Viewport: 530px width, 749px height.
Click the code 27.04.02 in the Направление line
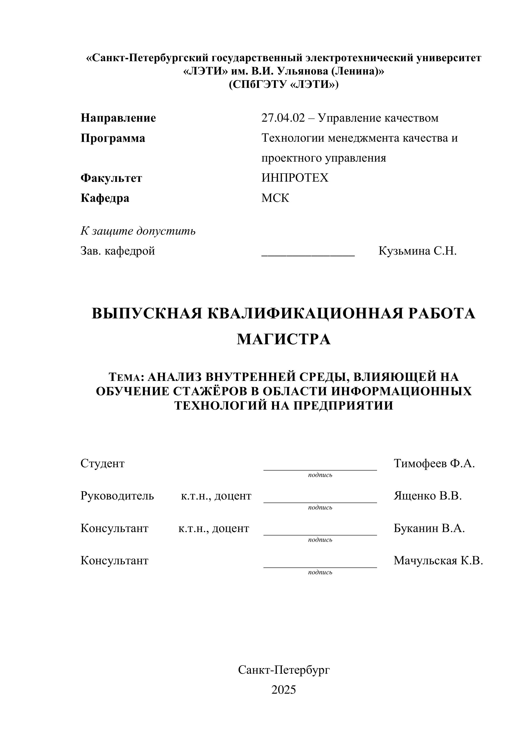pos(283,118)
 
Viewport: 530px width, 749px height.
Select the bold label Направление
pos(118,118)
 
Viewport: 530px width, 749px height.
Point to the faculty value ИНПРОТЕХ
pos(295,178)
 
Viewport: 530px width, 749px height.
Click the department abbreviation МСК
pos(275,198)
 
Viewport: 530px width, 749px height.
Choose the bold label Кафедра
pos(105,198)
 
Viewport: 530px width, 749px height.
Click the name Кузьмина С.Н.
pos(417,251)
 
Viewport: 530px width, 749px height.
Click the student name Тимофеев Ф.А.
pos(434,464)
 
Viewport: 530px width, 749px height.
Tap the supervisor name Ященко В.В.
pos(427,496)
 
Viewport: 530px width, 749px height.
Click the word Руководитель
pos(117,496)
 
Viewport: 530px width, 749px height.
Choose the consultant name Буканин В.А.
pos(429,528)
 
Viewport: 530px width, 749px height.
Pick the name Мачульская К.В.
pos(438,561)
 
